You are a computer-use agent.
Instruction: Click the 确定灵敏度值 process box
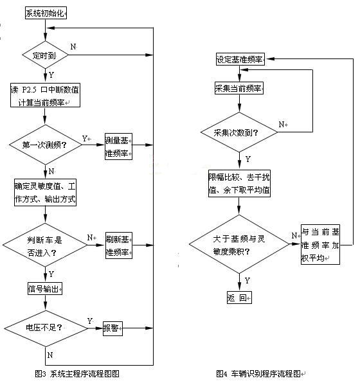click(x=46, y=191)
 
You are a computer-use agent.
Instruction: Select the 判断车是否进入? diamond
click(x=46, y=245)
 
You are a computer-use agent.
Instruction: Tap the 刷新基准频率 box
click(x=118, y=245)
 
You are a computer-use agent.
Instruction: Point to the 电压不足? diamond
click(x=46, y=328)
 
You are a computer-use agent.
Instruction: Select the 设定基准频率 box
click(x=240, y=60)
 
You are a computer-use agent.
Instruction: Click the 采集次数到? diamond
click(x=239, y=132)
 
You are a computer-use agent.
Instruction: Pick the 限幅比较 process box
click(x=239, y=183)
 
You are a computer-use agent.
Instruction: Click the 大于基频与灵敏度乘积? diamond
click(x=239, y=245)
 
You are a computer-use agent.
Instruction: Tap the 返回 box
click(x=239, y=297)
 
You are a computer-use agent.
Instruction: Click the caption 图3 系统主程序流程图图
click(x=77, y=373)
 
